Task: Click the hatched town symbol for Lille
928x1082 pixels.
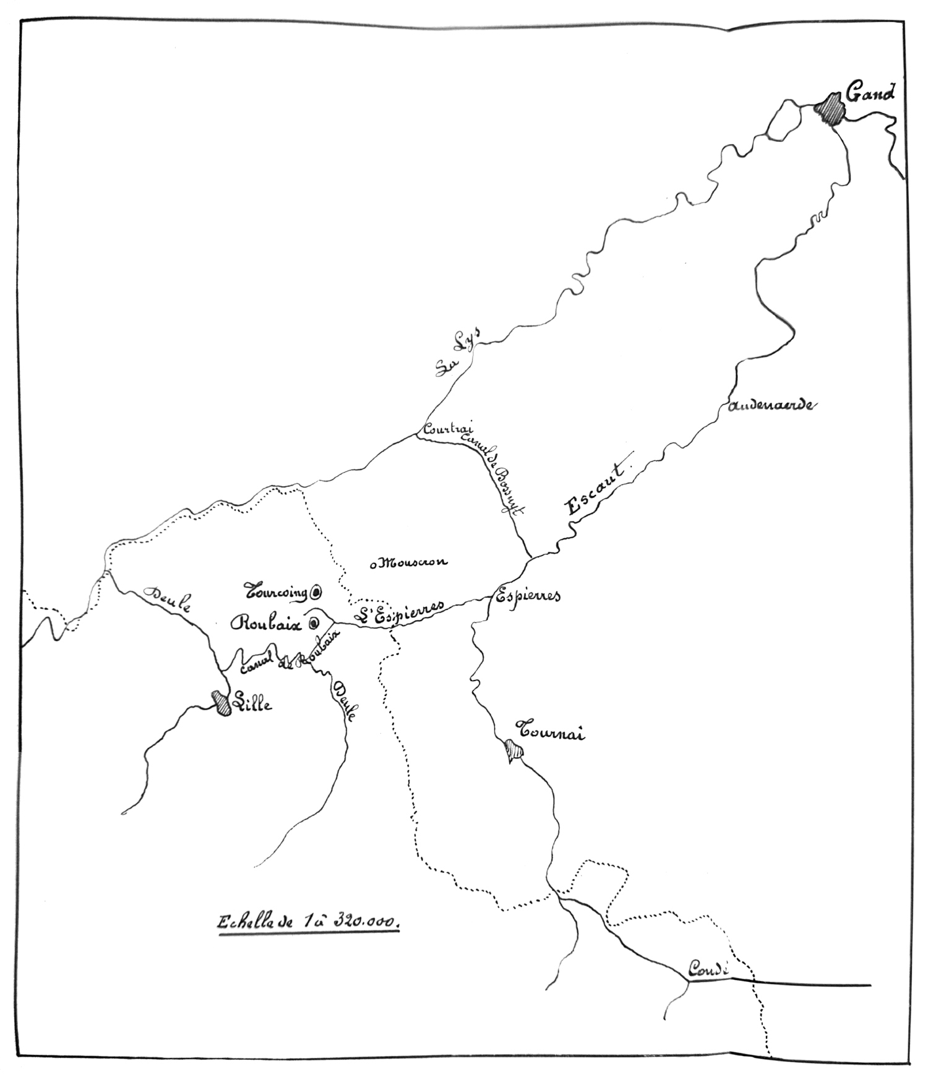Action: coord(220,703)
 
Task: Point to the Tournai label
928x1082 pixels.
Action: coord(551,732)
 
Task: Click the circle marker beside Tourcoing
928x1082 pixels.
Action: coord(316,593)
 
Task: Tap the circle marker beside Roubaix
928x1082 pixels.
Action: coord(314,623)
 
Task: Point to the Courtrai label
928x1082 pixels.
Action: coord(447,429)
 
